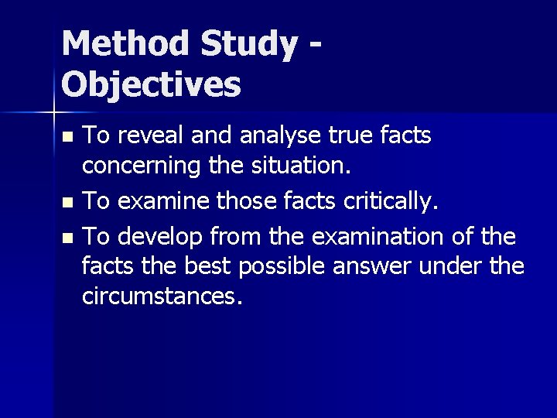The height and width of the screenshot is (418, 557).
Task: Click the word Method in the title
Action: (125, 44)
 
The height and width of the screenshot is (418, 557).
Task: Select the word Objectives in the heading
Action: (151, 84)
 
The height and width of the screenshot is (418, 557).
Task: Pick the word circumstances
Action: (162, 296)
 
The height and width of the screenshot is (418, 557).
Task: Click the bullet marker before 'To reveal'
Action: (68, 138)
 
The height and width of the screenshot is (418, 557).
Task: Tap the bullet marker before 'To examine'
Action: (68, 204)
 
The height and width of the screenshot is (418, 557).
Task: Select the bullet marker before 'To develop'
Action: (68, 236)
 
